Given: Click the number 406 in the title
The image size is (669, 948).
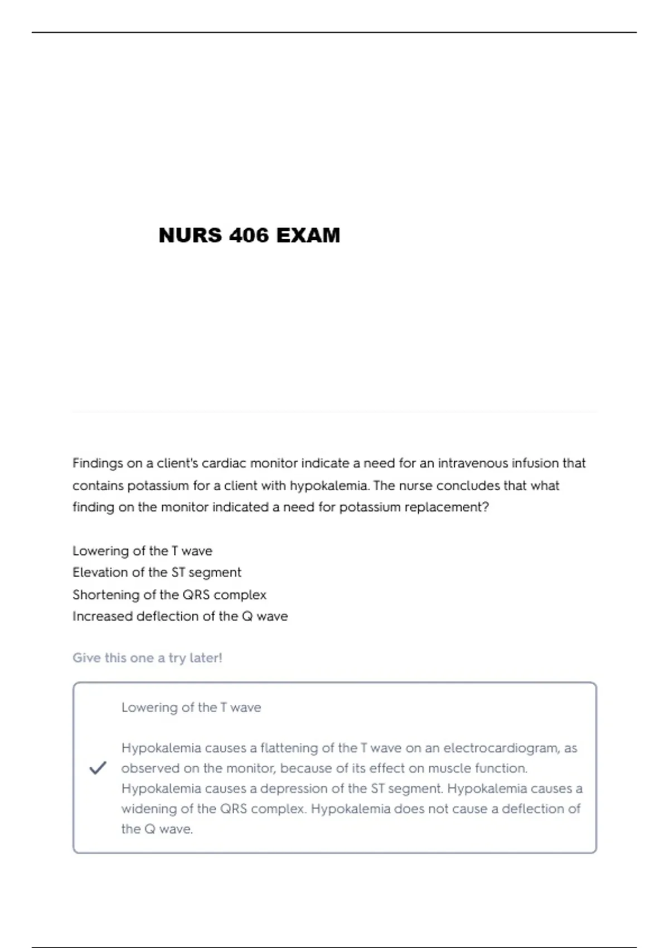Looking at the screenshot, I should point(249,235).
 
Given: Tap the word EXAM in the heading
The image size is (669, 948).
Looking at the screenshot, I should point(308,235).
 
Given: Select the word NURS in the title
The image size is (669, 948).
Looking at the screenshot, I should point(190,235).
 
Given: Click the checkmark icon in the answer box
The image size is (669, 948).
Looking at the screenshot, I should point(98,768).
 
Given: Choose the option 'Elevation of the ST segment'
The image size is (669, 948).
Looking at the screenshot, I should point(157,573).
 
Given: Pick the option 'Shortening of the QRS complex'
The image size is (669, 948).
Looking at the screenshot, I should point(169,595).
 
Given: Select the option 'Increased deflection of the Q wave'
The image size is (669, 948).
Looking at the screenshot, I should point(180,617).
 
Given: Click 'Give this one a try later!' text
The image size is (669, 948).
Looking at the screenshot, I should point(147,658).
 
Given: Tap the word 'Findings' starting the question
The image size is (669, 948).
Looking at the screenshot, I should point(98,463).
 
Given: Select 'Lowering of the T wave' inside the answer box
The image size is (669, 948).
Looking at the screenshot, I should point(191,708).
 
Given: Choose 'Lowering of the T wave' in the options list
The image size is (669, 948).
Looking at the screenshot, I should point(142,551).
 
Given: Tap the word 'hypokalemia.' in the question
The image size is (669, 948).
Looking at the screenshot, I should point(329,486).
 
